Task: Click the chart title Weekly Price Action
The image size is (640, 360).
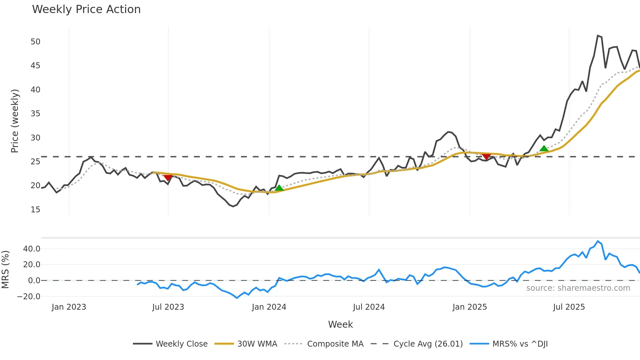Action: point(86,9)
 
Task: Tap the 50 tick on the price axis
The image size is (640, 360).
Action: point(36,42)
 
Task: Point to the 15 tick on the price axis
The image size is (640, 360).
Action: point(36,210)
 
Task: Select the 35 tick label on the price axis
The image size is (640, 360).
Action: point(36,114)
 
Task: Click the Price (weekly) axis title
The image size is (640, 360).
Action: point(15,121)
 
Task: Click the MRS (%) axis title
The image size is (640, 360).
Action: point(5,270)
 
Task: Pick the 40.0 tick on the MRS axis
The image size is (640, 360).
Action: point(32,249)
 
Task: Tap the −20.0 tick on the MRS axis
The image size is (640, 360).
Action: point(29,297)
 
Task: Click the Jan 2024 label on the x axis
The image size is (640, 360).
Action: point(269,307)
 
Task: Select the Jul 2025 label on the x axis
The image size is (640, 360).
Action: point(569,307)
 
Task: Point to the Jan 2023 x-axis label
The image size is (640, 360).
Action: point(69,307)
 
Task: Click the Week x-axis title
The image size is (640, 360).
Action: point(340,324)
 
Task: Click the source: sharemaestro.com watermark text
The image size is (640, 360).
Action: point(578,288)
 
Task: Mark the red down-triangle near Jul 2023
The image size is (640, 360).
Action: point(168,178)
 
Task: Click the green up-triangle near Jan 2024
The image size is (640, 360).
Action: point(279,188)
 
